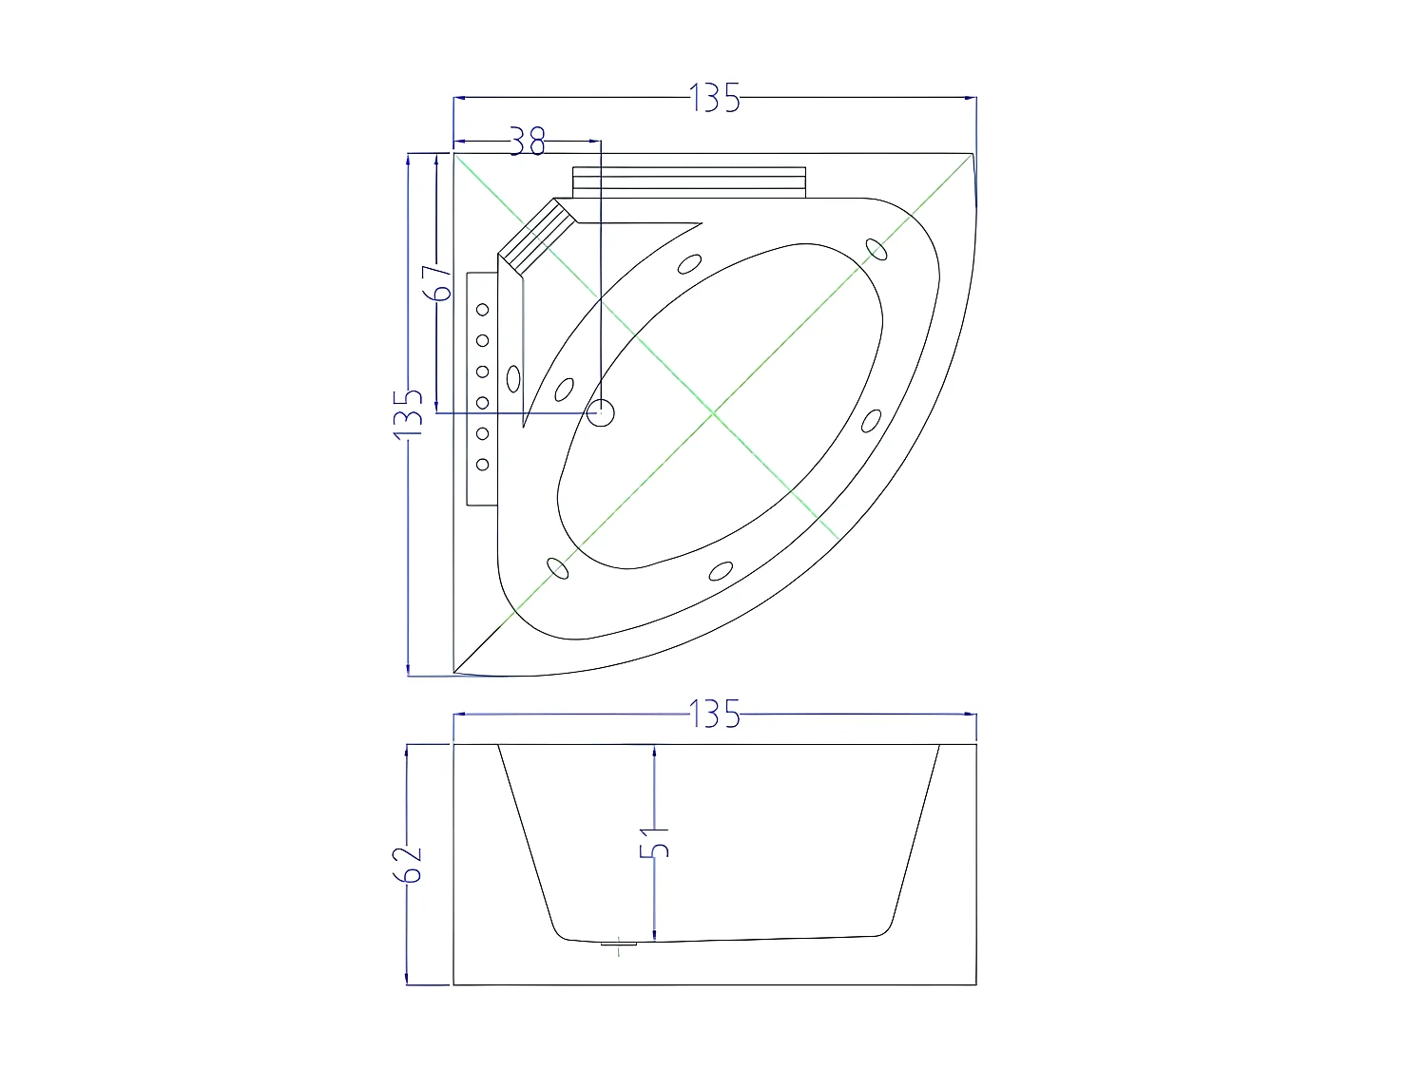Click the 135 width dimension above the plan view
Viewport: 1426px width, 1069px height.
click(715, 98)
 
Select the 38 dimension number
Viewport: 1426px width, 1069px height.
click(528, 142)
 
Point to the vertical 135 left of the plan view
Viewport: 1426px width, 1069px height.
click(409, 412)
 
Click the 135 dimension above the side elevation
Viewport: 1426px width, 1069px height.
click(715, 713)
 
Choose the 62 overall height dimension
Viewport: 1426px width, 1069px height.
click(409, 863)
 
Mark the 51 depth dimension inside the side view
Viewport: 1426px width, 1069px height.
click(655, 842)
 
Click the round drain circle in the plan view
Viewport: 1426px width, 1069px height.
click(602, 412)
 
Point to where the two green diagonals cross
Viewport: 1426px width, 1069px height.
click(713, 413)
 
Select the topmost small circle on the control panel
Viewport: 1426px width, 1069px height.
click(483, 309)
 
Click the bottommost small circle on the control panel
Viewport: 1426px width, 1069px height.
click(483, 464)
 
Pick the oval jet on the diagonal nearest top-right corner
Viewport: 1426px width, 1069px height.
click(877, 248)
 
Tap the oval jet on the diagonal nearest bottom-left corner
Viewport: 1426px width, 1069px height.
click(558, 567)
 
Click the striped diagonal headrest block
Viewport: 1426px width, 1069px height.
click(537, 233)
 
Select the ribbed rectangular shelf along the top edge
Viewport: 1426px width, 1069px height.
click(689, 180)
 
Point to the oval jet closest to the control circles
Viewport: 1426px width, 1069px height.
click(513, 378)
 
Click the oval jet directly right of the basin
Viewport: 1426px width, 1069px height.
click(870, 419)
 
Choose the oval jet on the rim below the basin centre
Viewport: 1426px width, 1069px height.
click(721, 570)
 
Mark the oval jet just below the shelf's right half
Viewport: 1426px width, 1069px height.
click(691, 263)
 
